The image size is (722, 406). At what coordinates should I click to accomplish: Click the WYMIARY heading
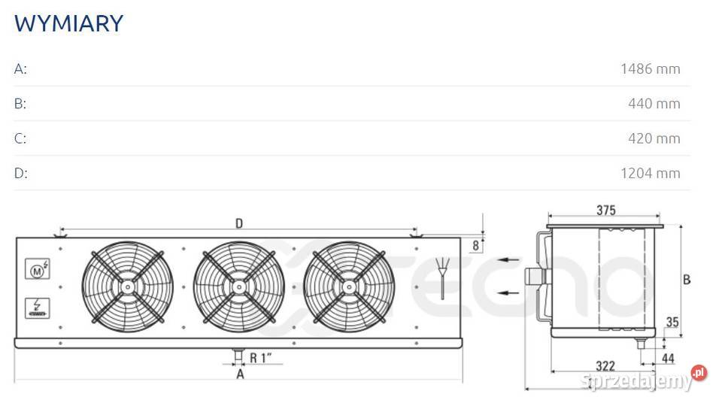click(68, 23)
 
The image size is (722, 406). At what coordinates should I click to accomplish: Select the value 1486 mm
click(650, 69)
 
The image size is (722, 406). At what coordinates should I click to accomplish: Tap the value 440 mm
click(654, 104)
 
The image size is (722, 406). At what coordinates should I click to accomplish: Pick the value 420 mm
click(654, 138)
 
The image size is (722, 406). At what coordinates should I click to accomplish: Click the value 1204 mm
click(650, 174)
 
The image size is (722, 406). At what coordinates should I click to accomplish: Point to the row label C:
click(20, 138)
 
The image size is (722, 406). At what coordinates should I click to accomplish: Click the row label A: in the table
click(20, 69)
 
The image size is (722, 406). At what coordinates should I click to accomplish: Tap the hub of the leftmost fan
click(128, 286)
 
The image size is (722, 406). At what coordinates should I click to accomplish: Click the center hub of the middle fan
click(238, 286)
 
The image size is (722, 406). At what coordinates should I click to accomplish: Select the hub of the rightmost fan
click(349, 286)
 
